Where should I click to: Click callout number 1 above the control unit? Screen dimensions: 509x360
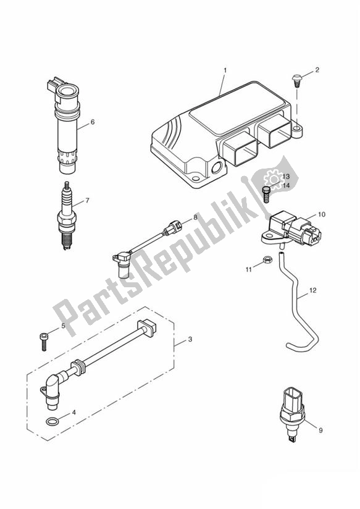pyautogui.click(x=225, y=70)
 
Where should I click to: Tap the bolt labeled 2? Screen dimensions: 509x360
pyautogui.click(x=297, y=78)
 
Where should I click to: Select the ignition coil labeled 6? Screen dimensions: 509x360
pyautogui.click(x=67, y=127)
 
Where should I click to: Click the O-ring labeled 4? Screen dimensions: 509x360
pyautogui.click(x=54, y=422)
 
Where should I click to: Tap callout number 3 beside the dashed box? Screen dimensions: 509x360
pyautogui.click(x=190, y=339)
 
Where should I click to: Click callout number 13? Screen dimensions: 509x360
pyautogui.click(x=286, y=177)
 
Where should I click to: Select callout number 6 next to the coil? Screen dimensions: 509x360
pyautogui.click(x=92, y=122)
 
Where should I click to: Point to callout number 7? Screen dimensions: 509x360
pyautogui.click(x=87, y=200)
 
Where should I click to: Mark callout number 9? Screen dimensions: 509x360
pyautogui.click(x=321, y=429)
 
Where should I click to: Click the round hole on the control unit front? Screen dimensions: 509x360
pyautogui.click(x=217, y=168)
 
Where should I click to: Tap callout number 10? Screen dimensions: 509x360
pyautogui.click(x=321, y=214)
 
